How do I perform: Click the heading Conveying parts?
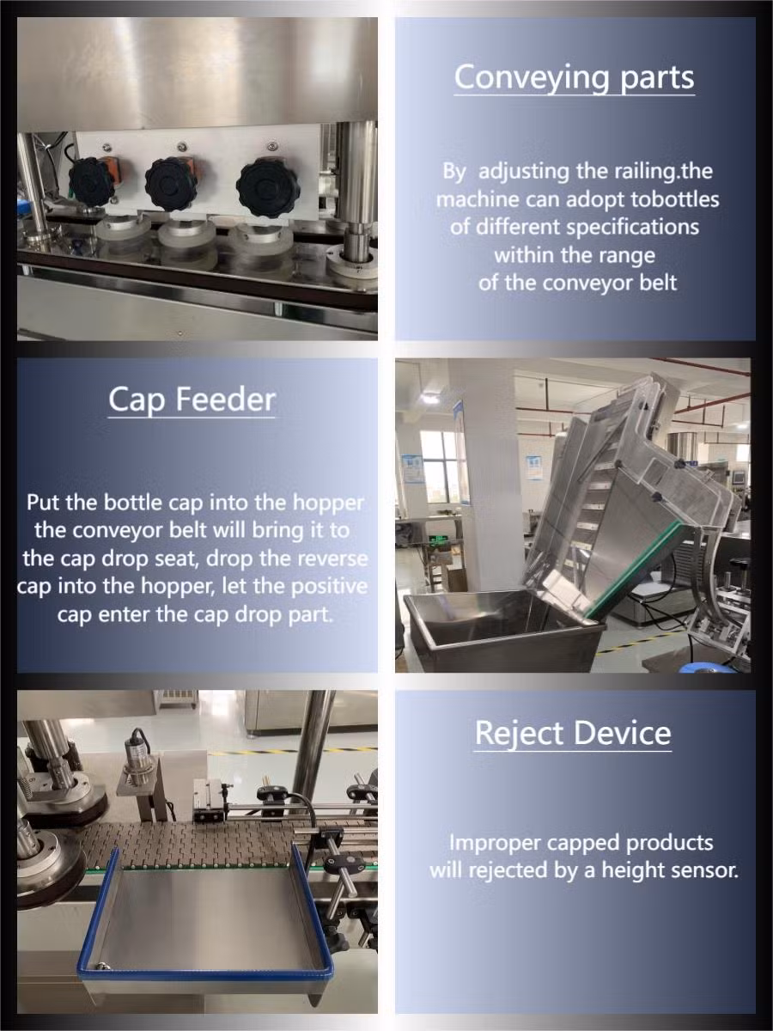574,77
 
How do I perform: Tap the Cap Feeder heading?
192,400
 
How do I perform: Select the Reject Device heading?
573,733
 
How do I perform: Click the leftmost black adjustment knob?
92,181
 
